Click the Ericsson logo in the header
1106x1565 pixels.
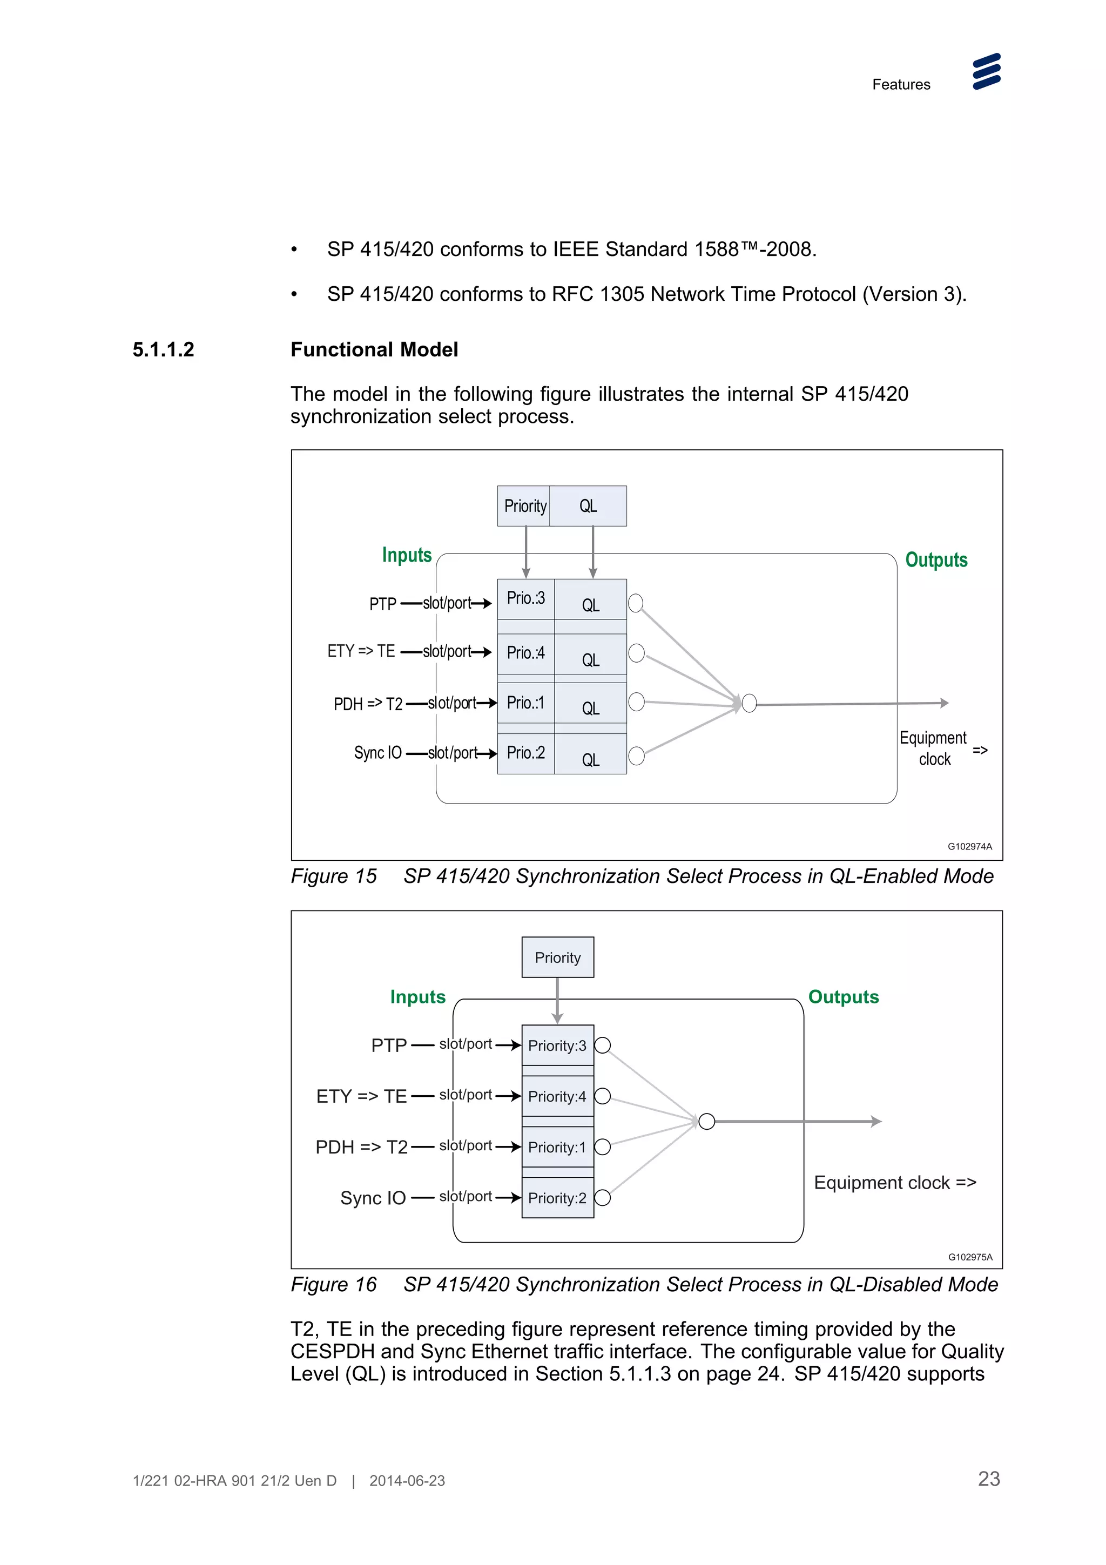pos(986,72)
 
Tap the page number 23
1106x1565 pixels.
pos(989,1479)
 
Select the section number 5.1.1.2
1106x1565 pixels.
pos(164,350)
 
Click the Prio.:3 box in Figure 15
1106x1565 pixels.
pos(525,598)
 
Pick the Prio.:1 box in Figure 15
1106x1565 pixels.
pos(525,703)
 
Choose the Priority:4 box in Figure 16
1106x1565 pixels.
pos(557,1096)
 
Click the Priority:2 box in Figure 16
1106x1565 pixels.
pos(557,1198)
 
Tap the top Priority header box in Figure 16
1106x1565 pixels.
pos(557,957)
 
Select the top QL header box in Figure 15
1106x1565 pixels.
pos(588,506)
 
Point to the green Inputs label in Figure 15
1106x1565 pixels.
pos(407,555)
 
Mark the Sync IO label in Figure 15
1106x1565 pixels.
pos(377,752)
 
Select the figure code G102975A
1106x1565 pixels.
pos(970,1257)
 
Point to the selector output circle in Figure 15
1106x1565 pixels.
pos(749,704)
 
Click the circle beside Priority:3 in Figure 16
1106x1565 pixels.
pos(602,1045)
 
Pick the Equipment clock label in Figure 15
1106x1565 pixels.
pos(934,748)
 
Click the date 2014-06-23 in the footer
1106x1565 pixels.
pos(407,1480)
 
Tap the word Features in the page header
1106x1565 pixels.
pos(901,85)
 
